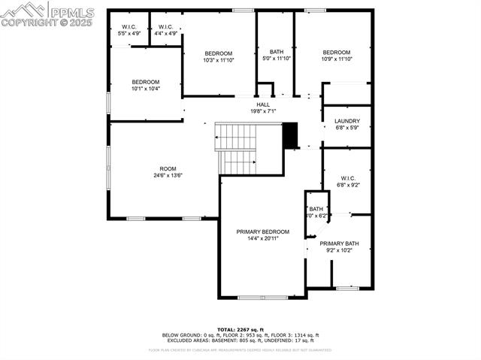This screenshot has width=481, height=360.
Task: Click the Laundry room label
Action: click(x=346, y=120)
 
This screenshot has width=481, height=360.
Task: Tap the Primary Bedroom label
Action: click(x=262, y=231)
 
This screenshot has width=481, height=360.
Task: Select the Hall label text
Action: click(x=263, y=104)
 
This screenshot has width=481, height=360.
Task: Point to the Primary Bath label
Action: click(x=339, y=244)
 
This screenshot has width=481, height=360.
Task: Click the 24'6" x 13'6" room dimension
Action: click(x=168, y=175)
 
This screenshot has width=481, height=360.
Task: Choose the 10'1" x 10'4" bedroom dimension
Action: click(x=145, y=89)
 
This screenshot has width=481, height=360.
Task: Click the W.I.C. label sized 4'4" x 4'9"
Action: click(x=165, y=27)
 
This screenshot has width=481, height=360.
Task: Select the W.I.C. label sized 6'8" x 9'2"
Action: click(x=346, y=178)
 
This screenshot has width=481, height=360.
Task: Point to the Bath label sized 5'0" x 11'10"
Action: click(x=277, y=51)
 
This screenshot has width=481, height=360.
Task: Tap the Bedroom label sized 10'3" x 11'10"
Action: click(x=219, y=53)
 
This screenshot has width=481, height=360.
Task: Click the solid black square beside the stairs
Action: click(x=290, y=136)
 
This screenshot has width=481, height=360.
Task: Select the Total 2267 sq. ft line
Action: click(x=240, y=329)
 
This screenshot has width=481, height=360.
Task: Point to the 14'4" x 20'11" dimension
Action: click(x=262, y=238)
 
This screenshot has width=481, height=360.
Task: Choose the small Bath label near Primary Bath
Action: click(x=316, y=209)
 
